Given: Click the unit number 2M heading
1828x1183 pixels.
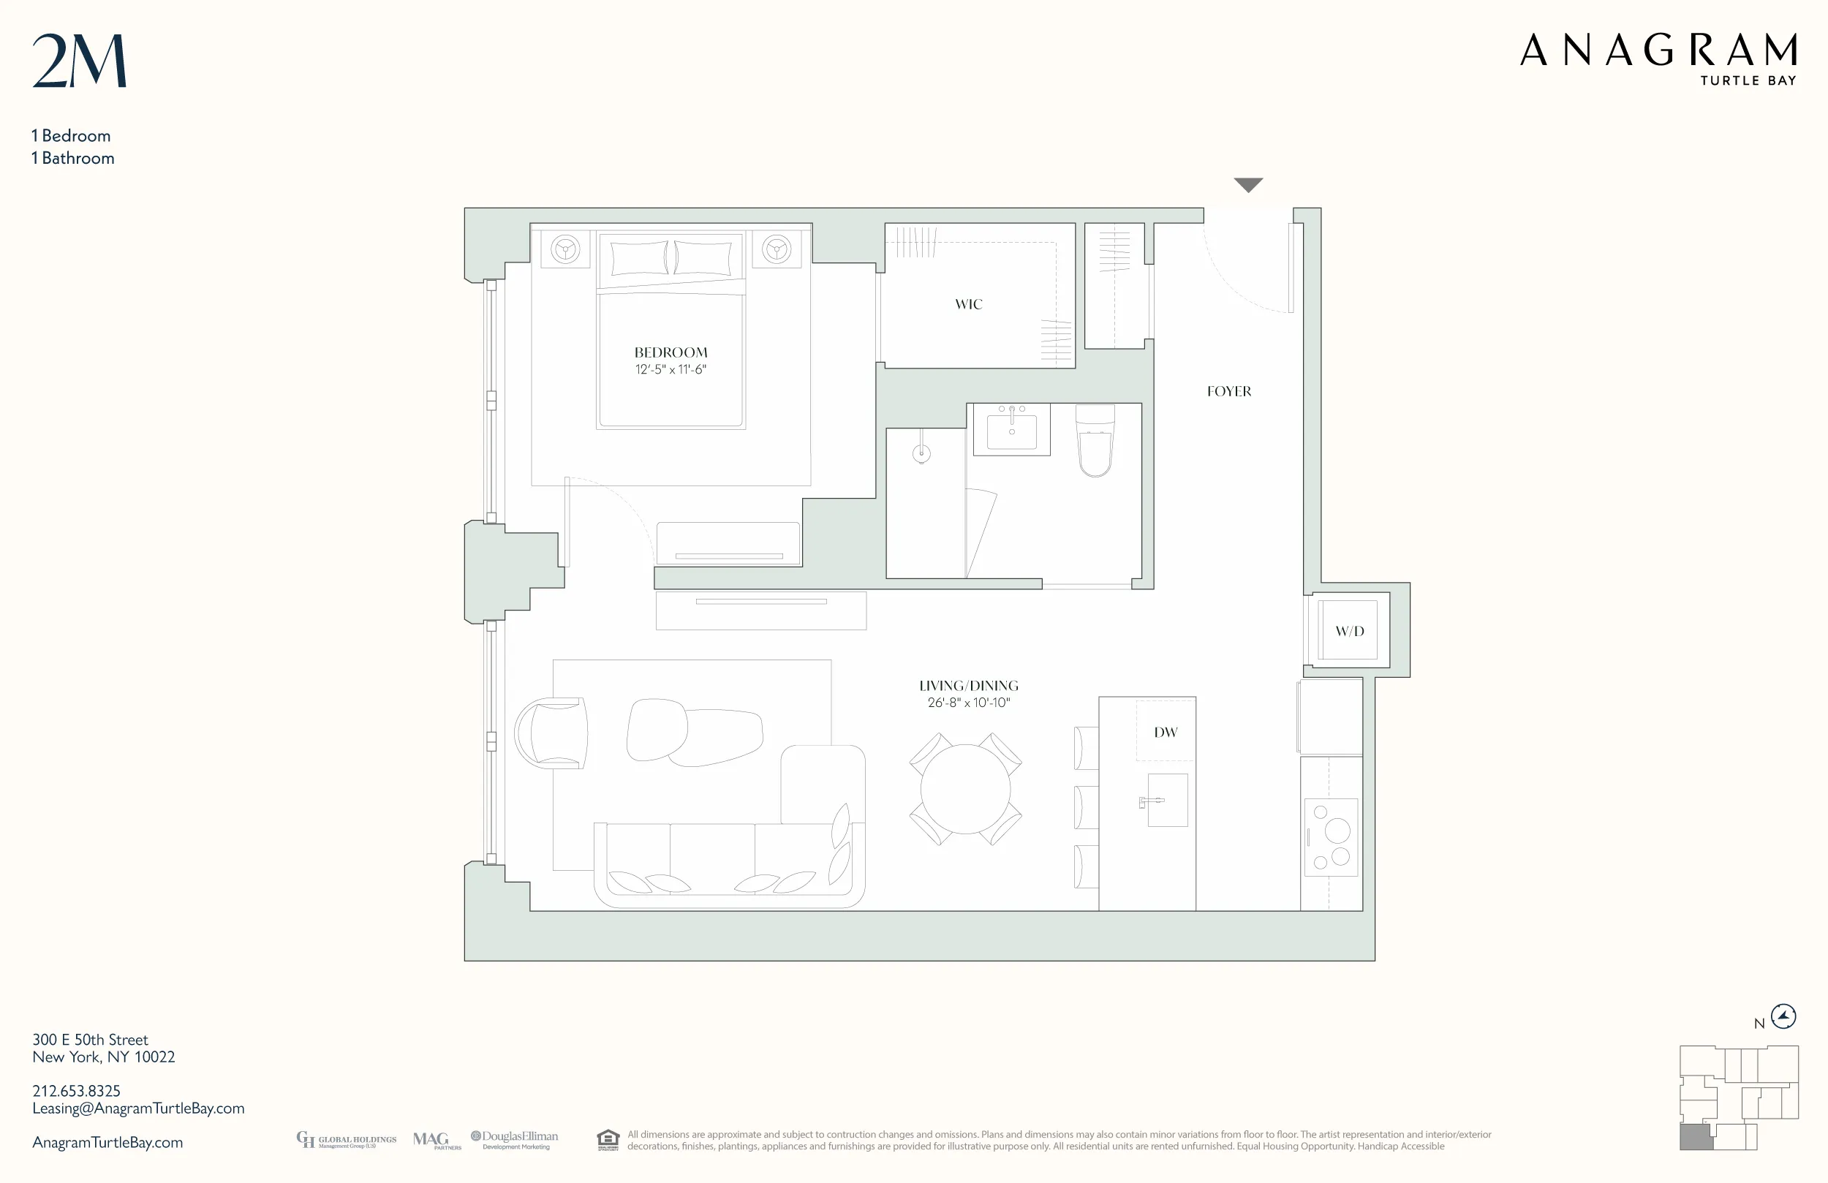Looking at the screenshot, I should tap(79, 61).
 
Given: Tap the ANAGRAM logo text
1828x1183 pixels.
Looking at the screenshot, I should tap(1658, 50).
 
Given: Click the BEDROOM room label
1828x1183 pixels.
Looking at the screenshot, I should tap(671, 352).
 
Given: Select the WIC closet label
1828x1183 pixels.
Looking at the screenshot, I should tap(968, 305).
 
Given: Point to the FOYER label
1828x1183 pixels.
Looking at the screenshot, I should tap(1228, 392).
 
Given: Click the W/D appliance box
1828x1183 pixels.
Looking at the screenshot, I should tap(1349, 631).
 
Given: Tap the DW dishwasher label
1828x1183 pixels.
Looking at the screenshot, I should tap(1164, 733).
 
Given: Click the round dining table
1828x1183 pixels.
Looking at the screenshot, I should tap(964, 789).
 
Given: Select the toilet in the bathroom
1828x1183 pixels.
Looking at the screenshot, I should tap(1095, 444).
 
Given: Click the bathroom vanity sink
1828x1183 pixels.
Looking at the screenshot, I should tap(1011, 429).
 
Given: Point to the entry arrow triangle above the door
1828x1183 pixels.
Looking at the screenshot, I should tap(1247, 184).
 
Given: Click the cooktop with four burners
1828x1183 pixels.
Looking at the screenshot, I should tap(1330, 837).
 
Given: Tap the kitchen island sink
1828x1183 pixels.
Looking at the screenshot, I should tap(1167, 801).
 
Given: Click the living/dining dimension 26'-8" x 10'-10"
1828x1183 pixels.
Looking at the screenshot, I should tap(968, 703).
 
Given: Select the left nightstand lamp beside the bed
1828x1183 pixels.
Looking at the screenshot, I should tap(565, 249).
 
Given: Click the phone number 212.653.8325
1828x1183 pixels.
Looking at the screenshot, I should tap(76, 1091).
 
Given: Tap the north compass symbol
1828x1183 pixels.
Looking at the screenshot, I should tap(1783, 1016).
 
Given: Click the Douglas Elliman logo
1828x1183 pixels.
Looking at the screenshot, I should tap(515, 1140).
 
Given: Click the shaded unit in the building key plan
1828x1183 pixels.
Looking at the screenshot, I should tap(1695, 1137).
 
